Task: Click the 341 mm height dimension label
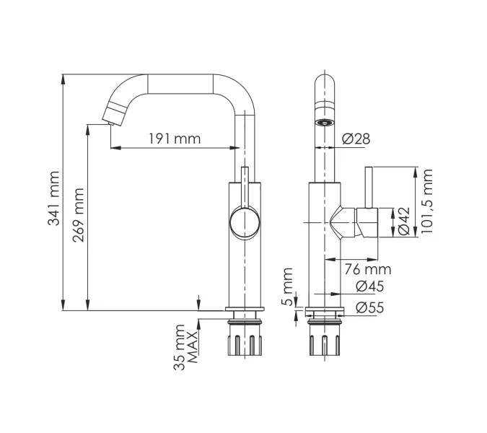point(53,198)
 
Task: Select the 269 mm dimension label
point(78,215)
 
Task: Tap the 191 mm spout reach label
point(175,139)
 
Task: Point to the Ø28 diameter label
point(356,139)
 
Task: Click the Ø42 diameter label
point(404,221)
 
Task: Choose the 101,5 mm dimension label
point(426,201)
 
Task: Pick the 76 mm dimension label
point(368,269)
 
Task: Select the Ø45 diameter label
point(370,286)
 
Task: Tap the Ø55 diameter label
point(370,307)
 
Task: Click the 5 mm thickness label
point(288,287)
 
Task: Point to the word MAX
point(193,347)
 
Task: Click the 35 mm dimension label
point(179,347)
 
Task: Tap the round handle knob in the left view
point(245,223)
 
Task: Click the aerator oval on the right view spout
point(325,123)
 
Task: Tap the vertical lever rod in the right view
point(369,188)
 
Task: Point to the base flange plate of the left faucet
point(245,309)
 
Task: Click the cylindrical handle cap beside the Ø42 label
point(367,222)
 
